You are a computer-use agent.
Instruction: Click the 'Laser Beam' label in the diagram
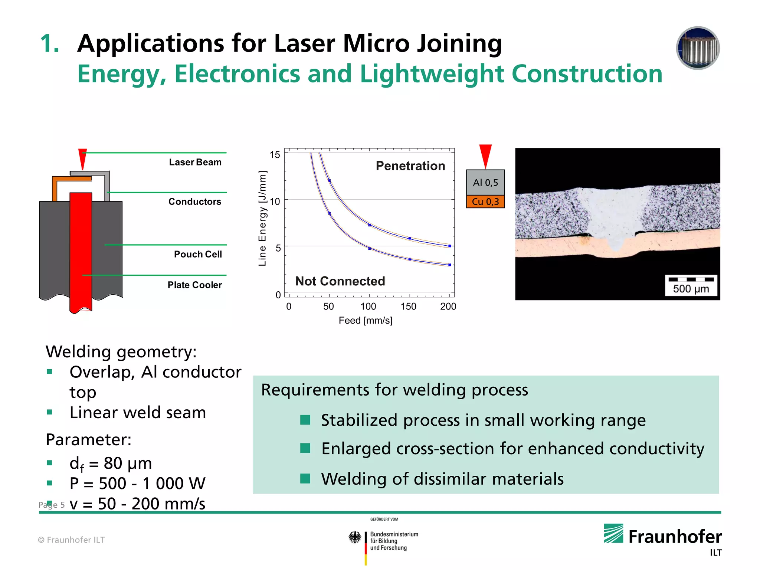[x=195, y=162]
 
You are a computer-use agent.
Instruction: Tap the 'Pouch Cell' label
[x=198, y=254]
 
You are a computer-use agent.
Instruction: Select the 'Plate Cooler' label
[x=194, y=285]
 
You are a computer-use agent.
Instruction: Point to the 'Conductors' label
[x=194, y=202]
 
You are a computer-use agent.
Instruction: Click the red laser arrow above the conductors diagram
[x=82, y=158]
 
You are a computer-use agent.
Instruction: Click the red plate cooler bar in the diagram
[x=81, y=252]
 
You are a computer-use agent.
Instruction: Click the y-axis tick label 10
[x=275, y=202]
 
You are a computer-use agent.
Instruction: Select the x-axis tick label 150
[x=408, y=307]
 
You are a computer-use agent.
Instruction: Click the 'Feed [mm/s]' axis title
[x=365, y=321]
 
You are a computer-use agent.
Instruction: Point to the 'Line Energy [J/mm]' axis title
[x=262, y=218]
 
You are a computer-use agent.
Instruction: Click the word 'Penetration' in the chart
[x=410, y=166]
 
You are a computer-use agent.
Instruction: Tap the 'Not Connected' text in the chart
[x=340, y=281]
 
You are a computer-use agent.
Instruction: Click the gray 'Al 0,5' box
[x=485, y=183]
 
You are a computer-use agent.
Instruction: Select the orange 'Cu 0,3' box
[x=485, y=202]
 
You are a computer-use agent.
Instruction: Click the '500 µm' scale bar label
[x=691, y=289]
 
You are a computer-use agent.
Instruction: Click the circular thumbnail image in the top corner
[x=698, y=48]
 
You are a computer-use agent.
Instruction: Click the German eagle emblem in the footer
[x=355, y=537]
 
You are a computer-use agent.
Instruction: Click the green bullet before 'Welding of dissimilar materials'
[x=305, y=479]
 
